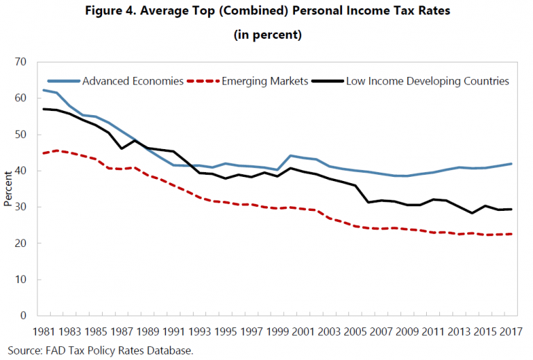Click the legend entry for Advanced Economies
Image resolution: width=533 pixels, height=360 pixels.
pyautogui.click(x=133, y=81)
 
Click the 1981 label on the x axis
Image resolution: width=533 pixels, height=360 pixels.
pyautogui.click(x=44, y=332)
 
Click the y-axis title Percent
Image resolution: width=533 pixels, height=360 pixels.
pyautogui.click(x=8, y=188)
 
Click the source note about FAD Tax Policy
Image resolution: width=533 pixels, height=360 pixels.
pyautogui.click(x=100, y=350)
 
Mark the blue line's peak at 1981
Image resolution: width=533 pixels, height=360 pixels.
pyautogui.click(x=44, y=90)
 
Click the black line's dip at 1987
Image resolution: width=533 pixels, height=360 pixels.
pyautogui.click(x=122, y=148)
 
